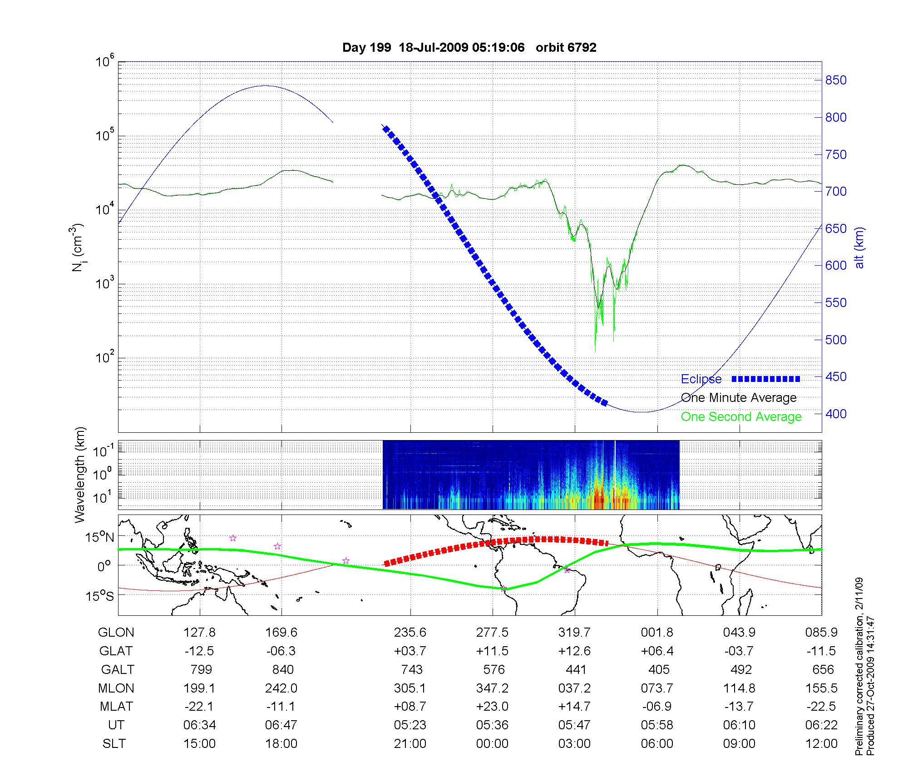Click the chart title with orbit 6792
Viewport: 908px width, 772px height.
coord(469,48)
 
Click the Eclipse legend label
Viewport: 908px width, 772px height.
coord(701,379)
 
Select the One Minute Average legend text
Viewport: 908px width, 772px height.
coord(739,398)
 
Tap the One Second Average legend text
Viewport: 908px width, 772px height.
coord(741,417)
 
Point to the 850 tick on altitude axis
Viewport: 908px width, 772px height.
coord(835,80)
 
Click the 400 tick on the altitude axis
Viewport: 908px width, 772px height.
coord(835,414)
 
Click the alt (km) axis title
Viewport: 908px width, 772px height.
coord(859,247)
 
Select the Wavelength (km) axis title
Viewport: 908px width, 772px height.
coord(80,475)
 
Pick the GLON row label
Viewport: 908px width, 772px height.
coord(116,633)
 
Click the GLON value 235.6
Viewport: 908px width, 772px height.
coord(410,633)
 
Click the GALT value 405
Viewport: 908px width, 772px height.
coord(658,670)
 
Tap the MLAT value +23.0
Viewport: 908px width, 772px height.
coord(492,707)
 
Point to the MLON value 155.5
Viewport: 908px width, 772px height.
coord(821,688)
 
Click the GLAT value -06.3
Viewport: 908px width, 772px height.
coord(281,651)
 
